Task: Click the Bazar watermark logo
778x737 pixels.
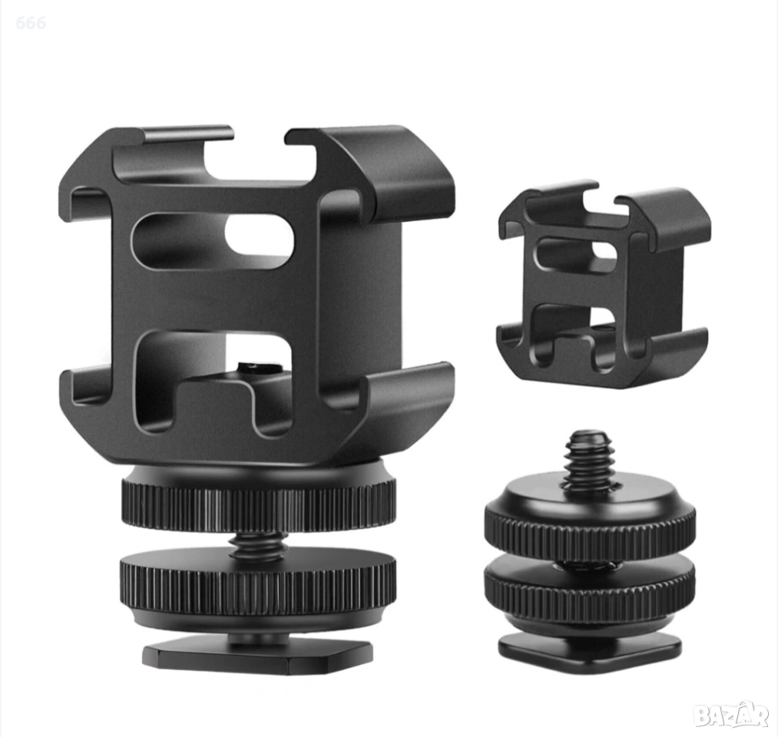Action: (731, 715)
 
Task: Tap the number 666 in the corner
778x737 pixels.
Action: (31, 23)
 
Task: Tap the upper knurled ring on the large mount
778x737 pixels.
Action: (259, 501)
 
